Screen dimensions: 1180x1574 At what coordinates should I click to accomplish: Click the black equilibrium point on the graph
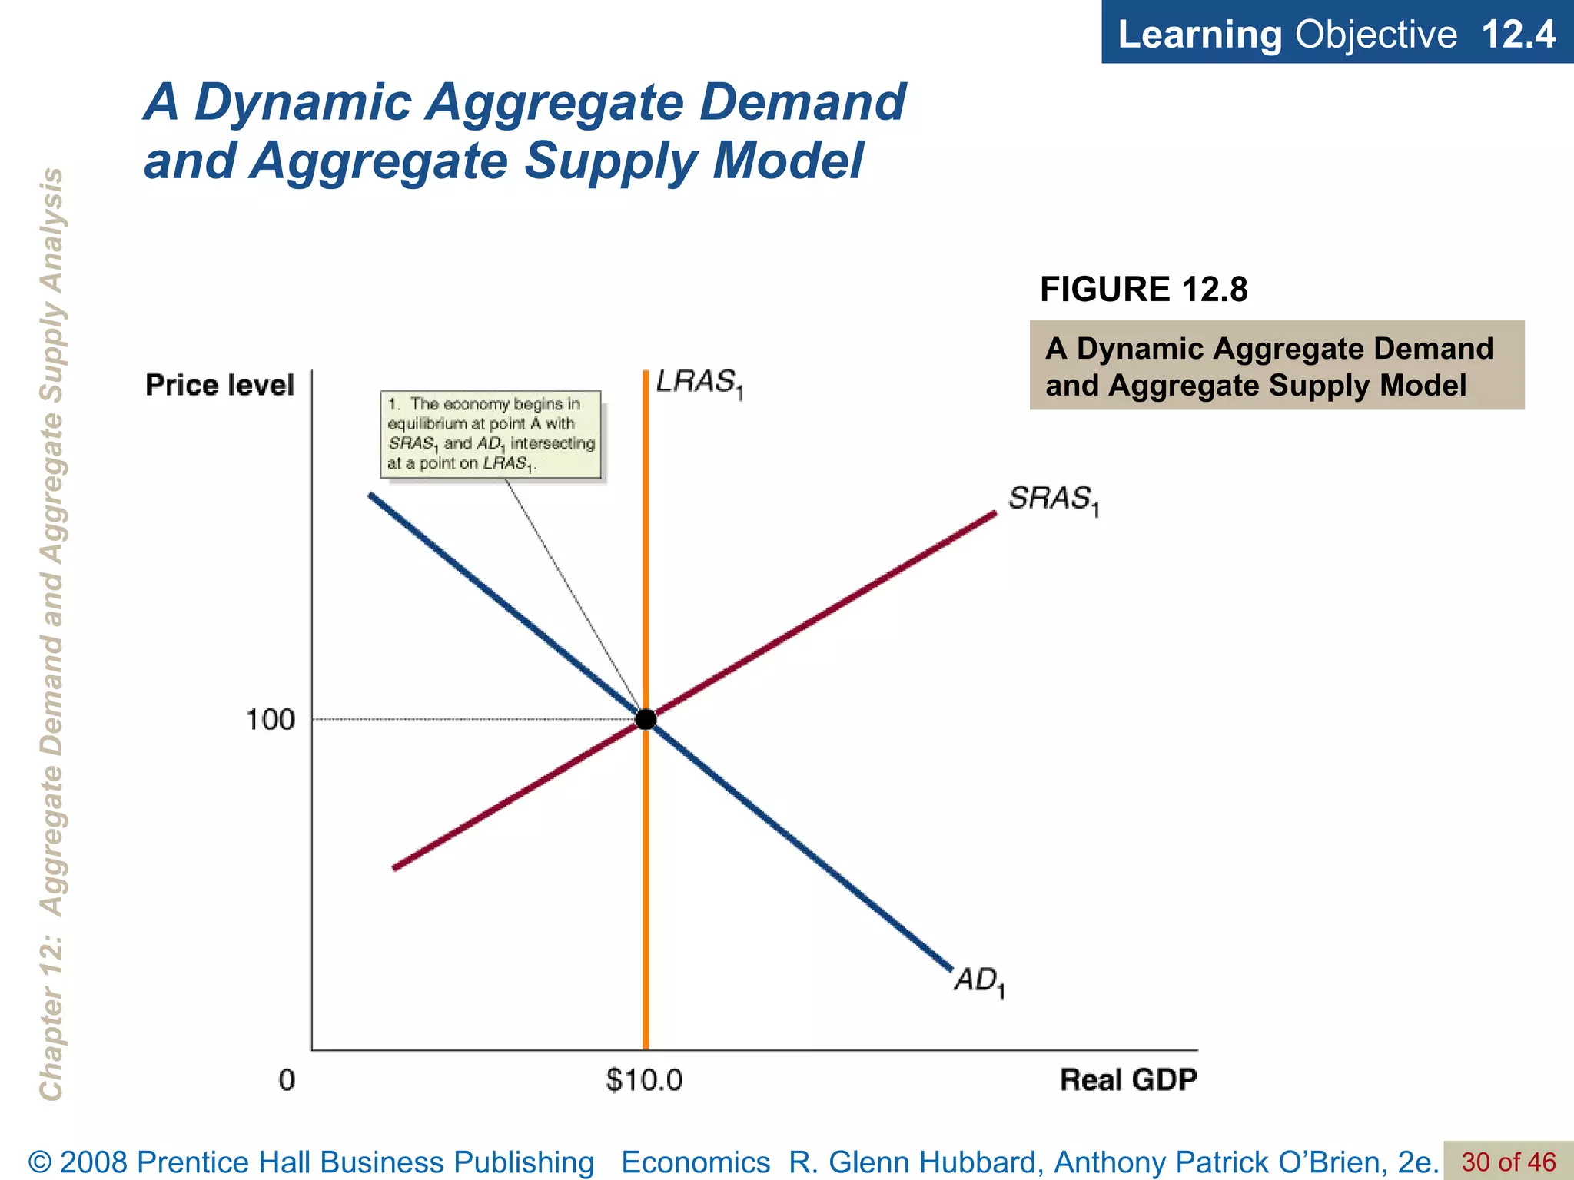point(646,719)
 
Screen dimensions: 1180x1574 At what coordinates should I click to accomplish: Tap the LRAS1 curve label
point(699,383)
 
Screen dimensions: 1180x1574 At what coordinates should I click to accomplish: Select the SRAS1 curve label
point(1053,499)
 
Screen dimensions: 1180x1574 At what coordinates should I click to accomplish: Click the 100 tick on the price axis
point(270,720)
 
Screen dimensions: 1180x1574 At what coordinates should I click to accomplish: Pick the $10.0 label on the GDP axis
point(644,1080)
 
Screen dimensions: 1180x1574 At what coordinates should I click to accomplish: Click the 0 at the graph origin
point(286,1080)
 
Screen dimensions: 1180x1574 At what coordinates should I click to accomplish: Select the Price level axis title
point(220,385)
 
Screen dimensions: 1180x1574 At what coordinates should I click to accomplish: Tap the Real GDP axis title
point(1128,1080)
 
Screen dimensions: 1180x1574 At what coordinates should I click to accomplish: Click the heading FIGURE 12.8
point(1144,290)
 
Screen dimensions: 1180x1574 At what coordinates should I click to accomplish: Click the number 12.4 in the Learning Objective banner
point(1518,35)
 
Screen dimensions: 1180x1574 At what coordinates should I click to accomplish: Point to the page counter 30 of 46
point(1508,1162)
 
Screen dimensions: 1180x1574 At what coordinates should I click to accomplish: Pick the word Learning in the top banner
point(1200,35)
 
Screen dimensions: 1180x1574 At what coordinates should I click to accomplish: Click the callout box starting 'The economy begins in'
point(491,434)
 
